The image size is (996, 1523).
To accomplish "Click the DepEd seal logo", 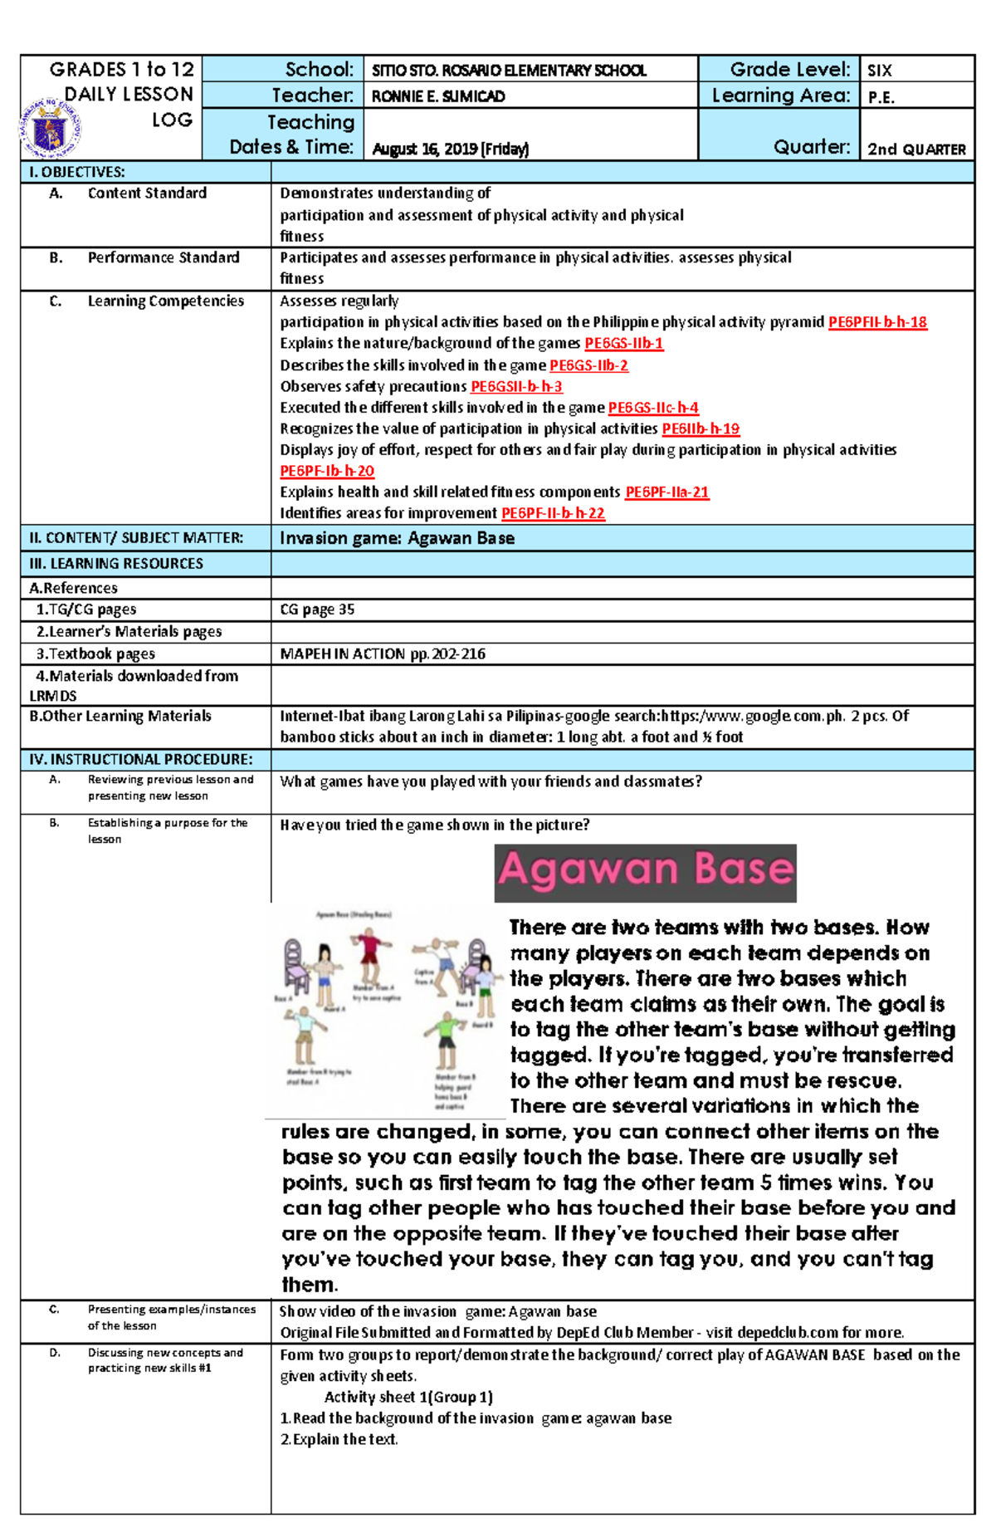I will (x=50, y=128).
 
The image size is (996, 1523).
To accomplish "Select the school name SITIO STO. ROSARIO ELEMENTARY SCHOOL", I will (x=509, y=71).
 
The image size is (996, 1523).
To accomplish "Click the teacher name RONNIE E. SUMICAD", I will (x=437, y=96).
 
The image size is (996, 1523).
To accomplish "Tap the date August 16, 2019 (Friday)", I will (x=450, y=149).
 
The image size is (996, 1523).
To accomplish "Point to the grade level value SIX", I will (x=879, y=71).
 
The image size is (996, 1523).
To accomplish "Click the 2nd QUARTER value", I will (x=916, y=149).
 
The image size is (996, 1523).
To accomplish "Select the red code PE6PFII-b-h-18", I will (x=877, y=322).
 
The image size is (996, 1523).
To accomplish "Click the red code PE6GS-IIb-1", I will (x=623, y=344).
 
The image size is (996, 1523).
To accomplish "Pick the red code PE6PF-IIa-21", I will (x=666, y=492).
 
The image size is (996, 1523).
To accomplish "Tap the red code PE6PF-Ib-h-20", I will (x=327, y=472).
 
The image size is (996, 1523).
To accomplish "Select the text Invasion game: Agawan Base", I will (x=397, y=538).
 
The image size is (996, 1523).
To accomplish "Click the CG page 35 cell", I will (x=317, y=610).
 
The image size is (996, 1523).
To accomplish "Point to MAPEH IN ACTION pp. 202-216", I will (x=383, y=654).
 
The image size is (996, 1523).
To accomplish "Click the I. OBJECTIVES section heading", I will (x=77, y=173).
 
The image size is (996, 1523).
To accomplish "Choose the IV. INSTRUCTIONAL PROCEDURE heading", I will (x=140, y=760).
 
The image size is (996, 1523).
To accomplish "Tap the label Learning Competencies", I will (x=165, y=301).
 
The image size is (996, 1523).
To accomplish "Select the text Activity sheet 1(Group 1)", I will (x=408, y=1397).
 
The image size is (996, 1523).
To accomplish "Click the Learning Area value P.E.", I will (x=881, y=97).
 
